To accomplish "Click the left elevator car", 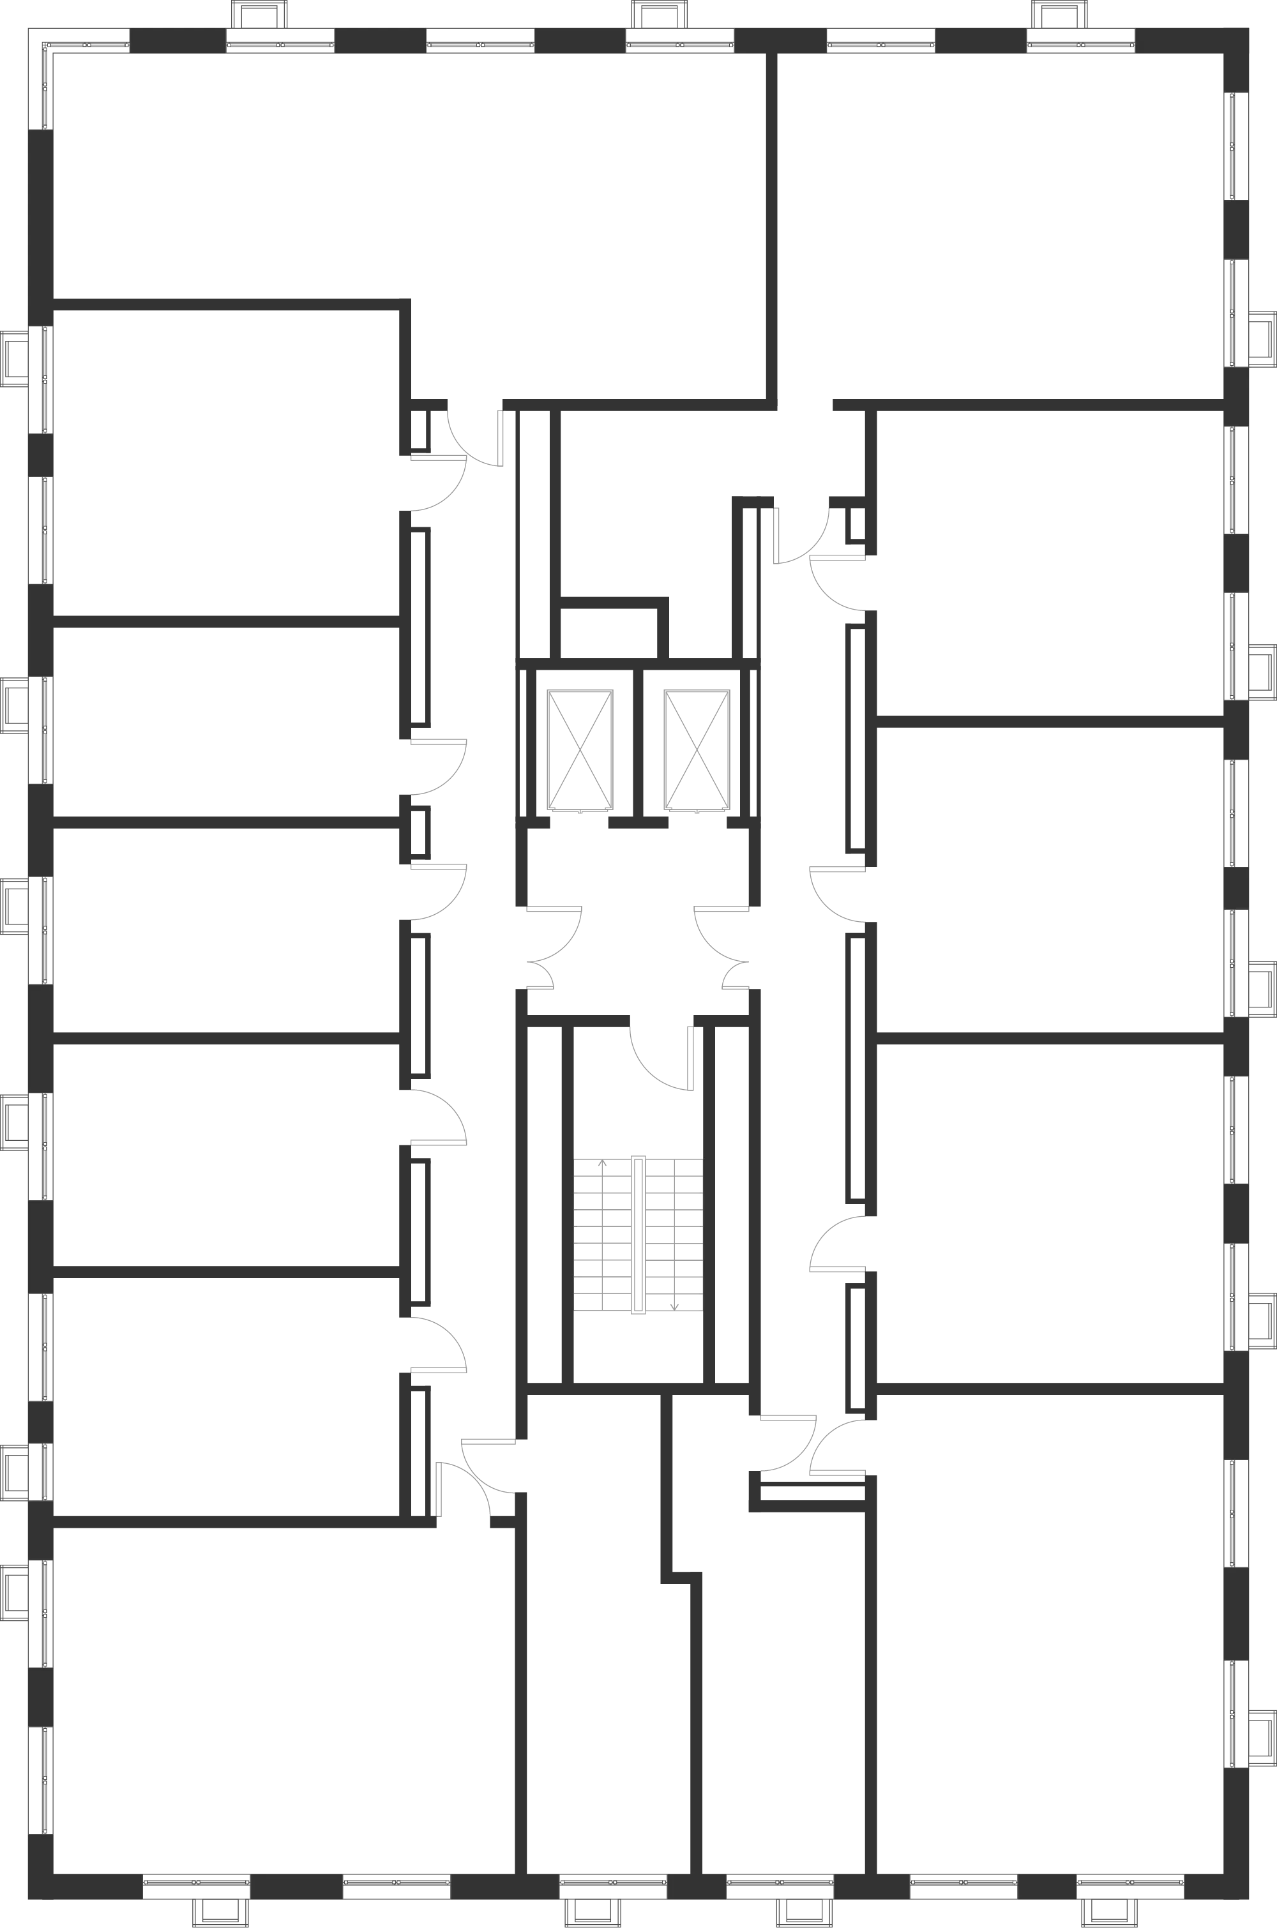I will tap(582, 749).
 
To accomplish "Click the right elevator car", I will tap(695, 749).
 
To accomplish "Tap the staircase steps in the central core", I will tap(638, 1233).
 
